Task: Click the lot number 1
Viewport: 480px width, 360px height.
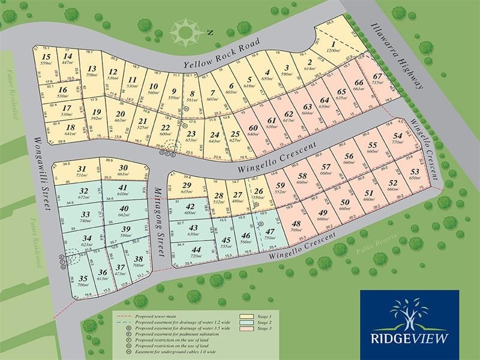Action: point(332,43)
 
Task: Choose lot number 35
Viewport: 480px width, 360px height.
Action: point(83,278)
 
